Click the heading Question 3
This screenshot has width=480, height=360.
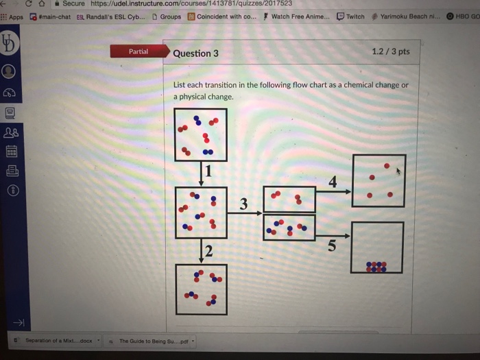coord(195,53)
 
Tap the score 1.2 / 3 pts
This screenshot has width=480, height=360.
coord(391,51)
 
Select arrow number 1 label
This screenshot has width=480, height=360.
coord(208,171)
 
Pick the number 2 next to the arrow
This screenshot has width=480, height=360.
coord(208,251)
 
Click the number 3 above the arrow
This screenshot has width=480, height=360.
coord(243,204)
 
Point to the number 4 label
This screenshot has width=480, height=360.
coord(333,182)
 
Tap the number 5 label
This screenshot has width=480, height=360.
coord(332,245)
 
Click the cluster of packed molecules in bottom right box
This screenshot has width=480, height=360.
coord(376,267)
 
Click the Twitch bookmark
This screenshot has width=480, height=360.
coord(350,16)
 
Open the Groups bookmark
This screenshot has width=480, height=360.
coord(167,16)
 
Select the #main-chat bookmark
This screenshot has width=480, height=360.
coord(50,17)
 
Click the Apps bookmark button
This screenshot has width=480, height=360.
coord(12,17)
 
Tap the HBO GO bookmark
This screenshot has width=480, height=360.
coord(463,16)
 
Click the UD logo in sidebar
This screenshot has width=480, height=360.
coord(8,43)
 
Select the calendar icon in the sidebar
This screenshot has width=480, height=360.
coord(12,152)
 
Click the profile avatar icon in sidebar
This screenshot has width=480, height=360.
coord(8,71)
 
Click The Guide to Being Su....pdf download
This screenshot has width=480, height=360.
coord(150,341)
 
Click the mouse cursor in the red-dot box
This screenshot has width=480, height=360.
coord(398,171)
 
